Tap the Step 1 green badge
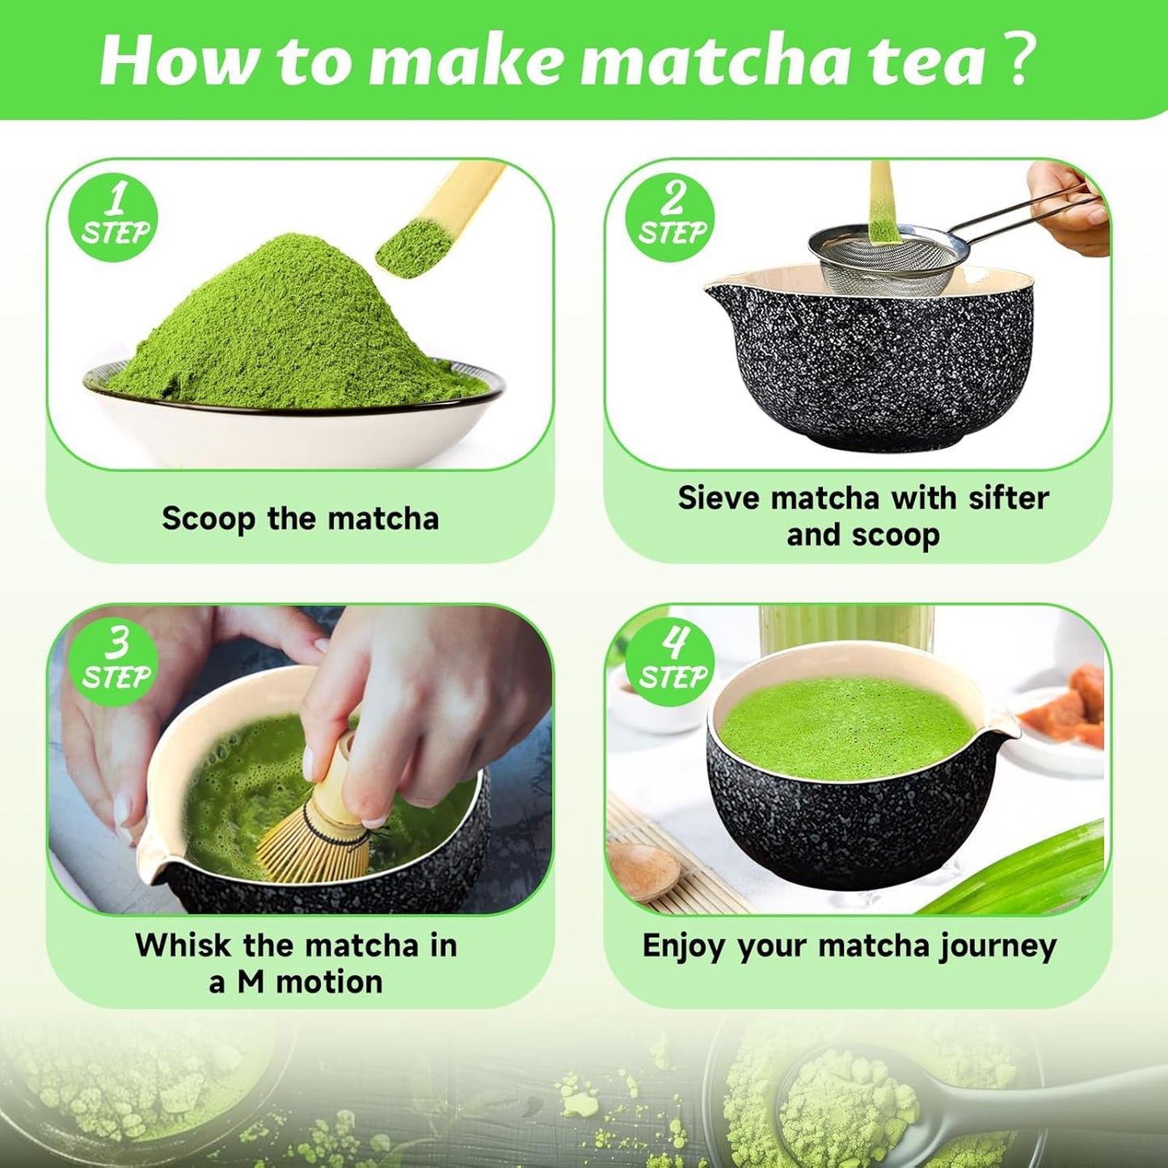coord(114,217)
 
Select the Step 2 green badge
coord(671,217)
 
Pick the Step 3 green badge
coord(115,661)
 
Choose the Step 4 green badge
coord(671,661)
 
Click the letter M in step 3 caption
coord(251,983)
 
